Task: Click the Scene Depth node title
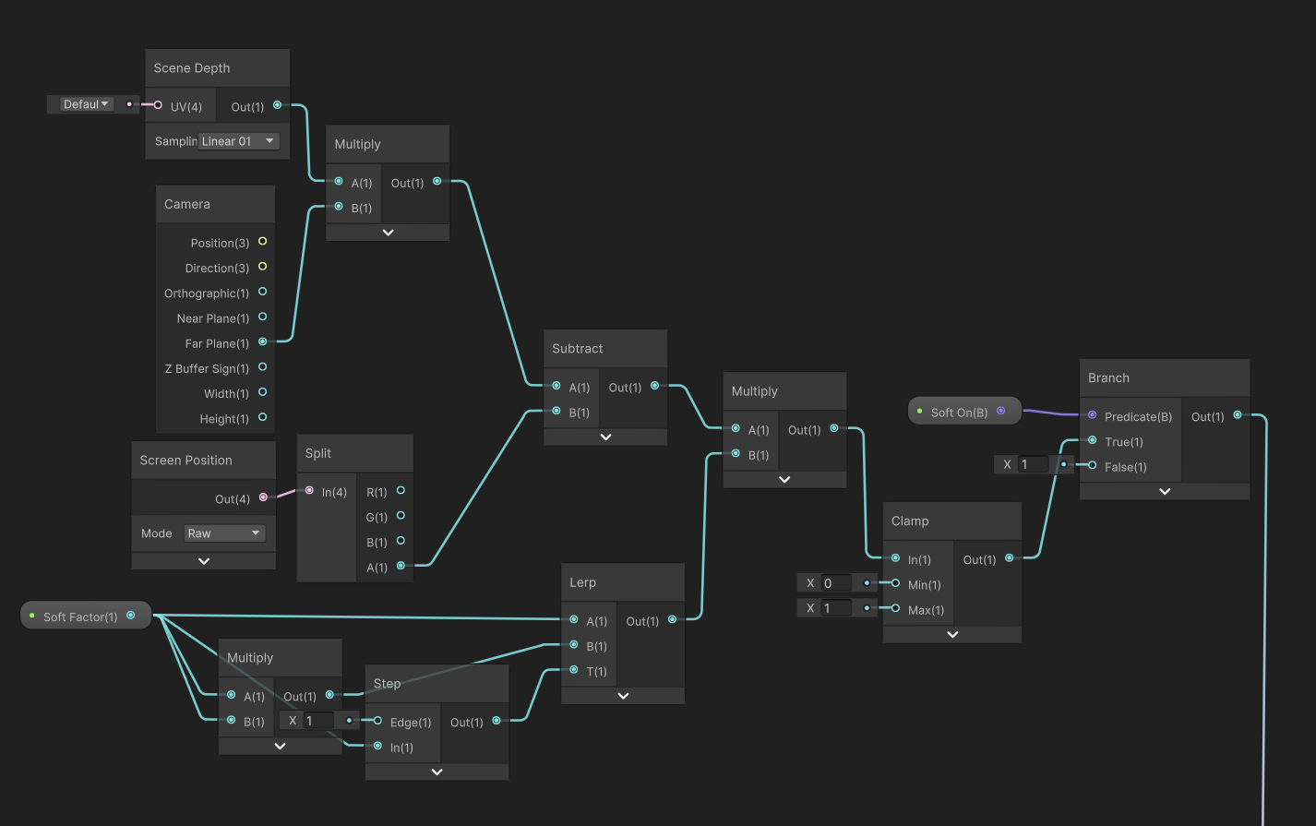192,68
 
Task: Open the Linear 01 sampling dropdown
238,141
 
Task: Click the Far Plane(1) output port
262,342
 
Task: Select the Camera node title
187,204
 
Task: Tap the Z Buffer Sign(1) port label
207,368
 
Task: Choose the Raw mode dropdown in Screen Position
224,533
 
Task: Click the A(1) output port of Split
401,566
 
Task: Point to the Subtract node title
578,349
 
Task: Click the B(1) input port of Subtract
556,412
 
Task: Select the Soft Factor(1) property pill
81,617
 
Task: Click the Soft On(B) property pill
960,412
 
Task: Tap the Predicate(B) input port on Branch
1093,415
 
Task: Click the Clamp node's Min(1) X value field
836,583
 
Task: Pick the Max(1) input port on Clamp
895,608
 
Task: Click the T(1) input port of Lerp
574,670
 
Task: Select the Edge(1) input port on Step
377,721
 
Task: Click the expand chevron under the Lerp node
623,696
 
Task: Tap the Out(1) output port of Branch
1238,415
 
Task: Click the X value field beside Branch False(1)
1032,465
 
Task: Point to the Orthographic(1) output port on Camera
262,292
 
